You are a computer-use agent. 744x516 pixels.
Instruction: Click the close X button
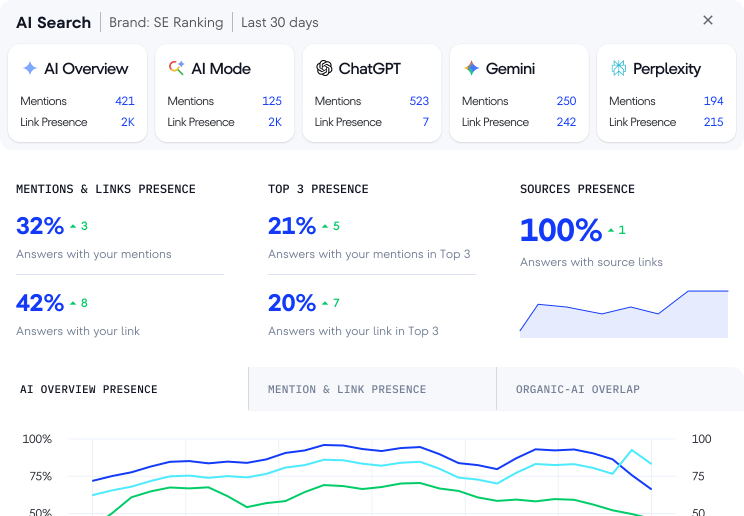pyautogui.click(x=707, y=20)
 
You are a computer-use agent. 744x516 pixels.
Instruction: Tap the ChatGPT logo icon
pyautogui.click(x=324, y=68)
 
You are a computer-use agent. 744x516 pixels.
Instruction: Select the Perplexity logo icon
pyautogui.click(x=618, y=68)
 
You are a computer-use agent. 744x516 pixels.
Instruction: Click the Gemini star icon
pyautogui.click(x=471, y=68)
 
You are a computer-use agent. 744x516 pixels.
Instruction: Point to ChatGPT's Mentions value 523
pyautogui.click(x=419, y=101)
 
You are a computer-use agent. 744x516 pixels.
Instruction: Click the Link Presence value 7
pyautogui.click(x=425, y=122)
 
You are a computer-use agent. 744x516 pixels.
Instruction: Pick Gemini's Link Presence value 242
pyautogui.click(x=566, y=122)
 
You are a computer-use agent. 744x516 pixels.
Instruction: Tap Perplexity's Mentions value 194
pyautogui.click(x=713, y=101)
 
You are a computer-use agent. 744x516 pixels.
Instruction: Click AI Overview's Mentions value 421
pyautogui.click(x=124, y=101)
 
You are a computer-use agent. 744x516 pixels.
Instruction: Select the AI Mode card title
pyautogui.click(x=221, y=68)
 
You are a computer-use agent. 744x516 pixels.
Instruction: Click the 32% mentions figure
pyautogui.click(x=40, y=226)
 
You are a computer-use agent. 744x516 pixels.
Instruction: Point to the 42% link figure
pyautogui.click(x=40, y=303)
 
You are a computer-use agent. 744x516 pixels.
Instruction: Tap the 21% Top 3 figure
pyautogui.click(x=292, y=226)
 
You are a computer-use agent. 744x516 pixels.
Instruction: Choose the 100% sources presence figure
pyautogui.click(x=561, y=230)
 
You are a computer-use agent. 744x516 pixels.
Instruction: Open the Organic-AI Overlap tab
pyautogui.click(x=577, y=389)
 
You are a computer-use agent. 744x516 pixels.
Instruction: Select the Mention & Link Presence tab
pyautogui.click(x=347, y=389)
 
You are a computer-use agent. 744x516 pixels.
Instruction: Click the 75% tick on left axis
pyautogui.click(x=40, y=476)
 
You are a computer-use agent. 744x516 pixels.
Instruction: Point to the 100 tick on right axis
pyautogui.click(x=701, y=439)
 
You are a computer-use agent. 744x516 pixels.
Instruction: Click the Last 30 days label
pyautogui.click(x=279, y=22)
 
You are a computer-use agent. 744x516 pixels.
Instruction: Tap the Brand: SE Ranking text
pyautogui.click(x=166, y=22)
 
